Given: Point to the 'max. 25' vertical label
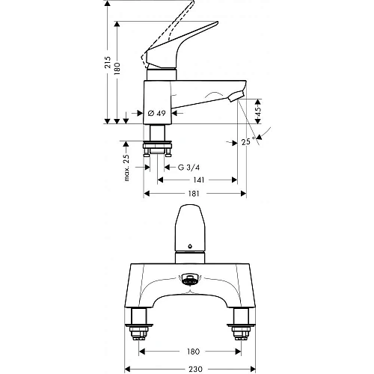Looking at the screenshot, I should click(127, 165).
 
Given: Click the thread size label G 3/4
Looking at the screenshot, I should click(183, 166).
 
